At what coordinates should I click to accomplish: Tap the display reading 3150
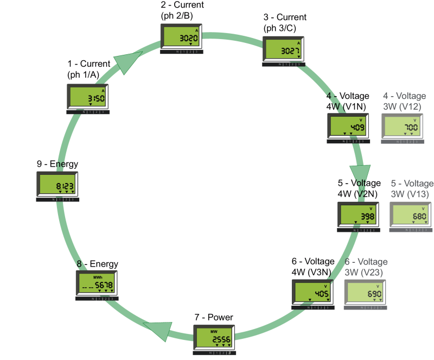point(88,97)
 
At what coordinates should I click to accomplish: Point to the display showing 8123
point(58,185)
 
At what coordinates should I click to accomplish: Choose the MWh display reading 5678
point(96,284)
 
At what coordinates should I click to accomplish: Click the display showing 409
point(349,127)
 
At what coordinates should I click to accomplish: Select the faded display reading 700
point(403,127)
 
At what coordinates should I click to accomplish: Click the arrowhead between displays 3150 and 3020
point(129,60)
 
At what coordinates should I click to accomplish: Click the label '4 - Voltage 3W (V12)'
point(404,101)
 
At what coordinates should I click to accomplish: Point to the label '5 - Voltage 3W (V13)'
point(412,189)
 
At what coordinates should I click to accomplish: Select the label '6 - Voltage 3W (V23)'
point(367,267)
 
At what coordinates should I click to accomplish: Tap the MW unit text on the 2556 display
point(213,331)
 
